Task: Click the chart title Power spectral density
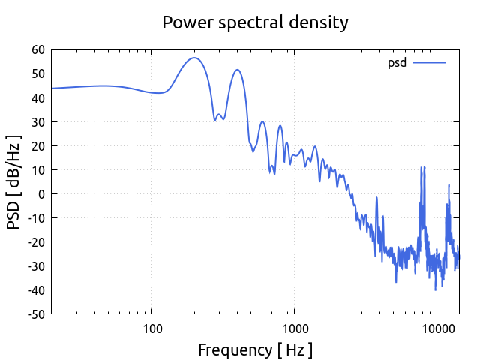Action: point(255,22)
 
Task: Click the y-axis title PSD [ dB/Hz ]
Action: point(14,182)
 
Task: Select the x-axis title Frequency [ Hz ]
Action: point(255,349)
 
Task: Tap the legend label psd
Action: point(397,63)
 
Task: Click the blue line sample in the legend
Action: point(429,63)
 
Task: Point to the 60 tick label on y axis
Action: point(37,49)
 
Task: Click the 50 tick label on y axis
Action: point(37,73)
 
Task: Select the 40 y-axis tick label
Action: point(37,97)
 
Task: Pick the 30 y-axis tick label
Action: point(37,121)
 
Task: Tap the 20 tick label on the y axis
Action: point(37,145)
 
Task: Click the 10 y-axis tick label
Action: point(37,169)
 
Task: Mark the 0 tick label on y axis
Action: point(41,193)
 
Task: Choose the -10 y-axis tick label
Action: point(35,217)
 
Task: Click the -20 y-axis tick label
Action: point(35,241)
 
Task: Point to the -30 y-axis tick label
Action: point(35,265)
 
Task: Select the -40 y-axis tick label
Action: point(35,289)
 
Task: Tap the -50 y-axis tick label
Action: point(35,313)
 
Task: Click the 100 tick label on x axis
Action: point(152,328)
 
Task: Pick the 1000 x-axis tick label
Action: point(295,328)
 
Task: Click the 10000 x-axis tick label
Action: point(437,328)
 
